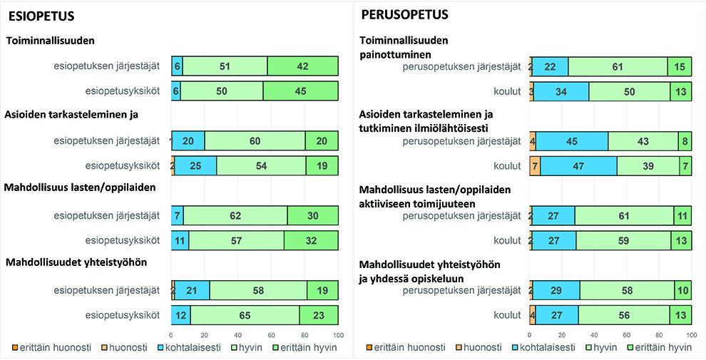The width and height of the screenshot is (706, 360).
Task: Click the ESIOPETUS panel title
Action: click(41, 16)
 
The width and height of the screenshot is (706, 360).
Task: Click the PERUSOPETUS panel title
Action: click(404, 14)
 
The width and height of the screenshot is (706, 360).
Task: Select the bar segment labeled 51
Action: click(225, 66)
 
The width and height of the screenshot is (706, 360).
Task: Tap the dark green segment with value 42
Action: click(302, 66)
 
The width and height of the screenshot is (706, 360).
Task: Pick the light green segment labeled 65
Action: click(245, 315)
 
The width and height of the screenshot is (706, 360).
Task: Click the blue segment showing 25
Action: click(195, 166)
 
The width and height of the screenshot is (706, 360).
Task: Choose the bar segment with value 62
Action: click(235, 215)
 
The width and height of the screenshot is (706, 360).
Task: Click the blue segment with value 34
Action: click(561, 91)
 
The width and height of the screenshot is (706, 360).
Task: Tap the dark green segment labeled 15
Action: click(679, 66)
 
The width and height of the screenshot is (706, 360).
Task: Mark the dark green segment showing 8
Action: click(685, 141)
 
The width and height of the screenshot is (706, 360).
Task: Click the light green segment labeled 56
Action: click(624, 315)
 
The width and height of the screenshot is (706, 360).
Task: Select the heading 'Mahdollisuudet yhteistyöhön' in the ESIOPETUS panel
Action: click(76, 262)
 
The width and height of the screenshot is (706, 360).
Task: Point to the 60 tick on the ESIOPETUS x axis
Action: click(271, 336)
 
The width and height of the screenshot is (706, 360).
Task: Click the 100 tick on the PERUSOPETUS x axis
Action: click(690, 336)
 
